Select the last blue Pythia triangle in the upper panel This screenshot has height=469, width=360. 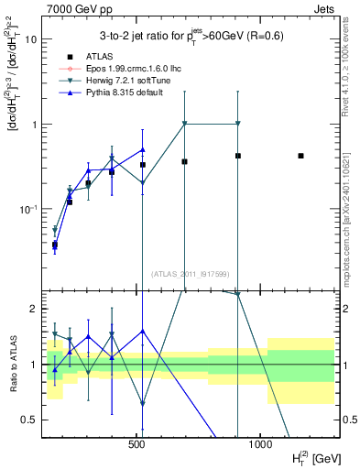point(143,149)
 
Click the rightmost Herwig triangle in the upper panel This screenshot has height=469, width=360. point(237,124)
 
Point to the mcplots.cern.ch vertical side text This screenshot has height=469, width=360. point(351,220)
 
